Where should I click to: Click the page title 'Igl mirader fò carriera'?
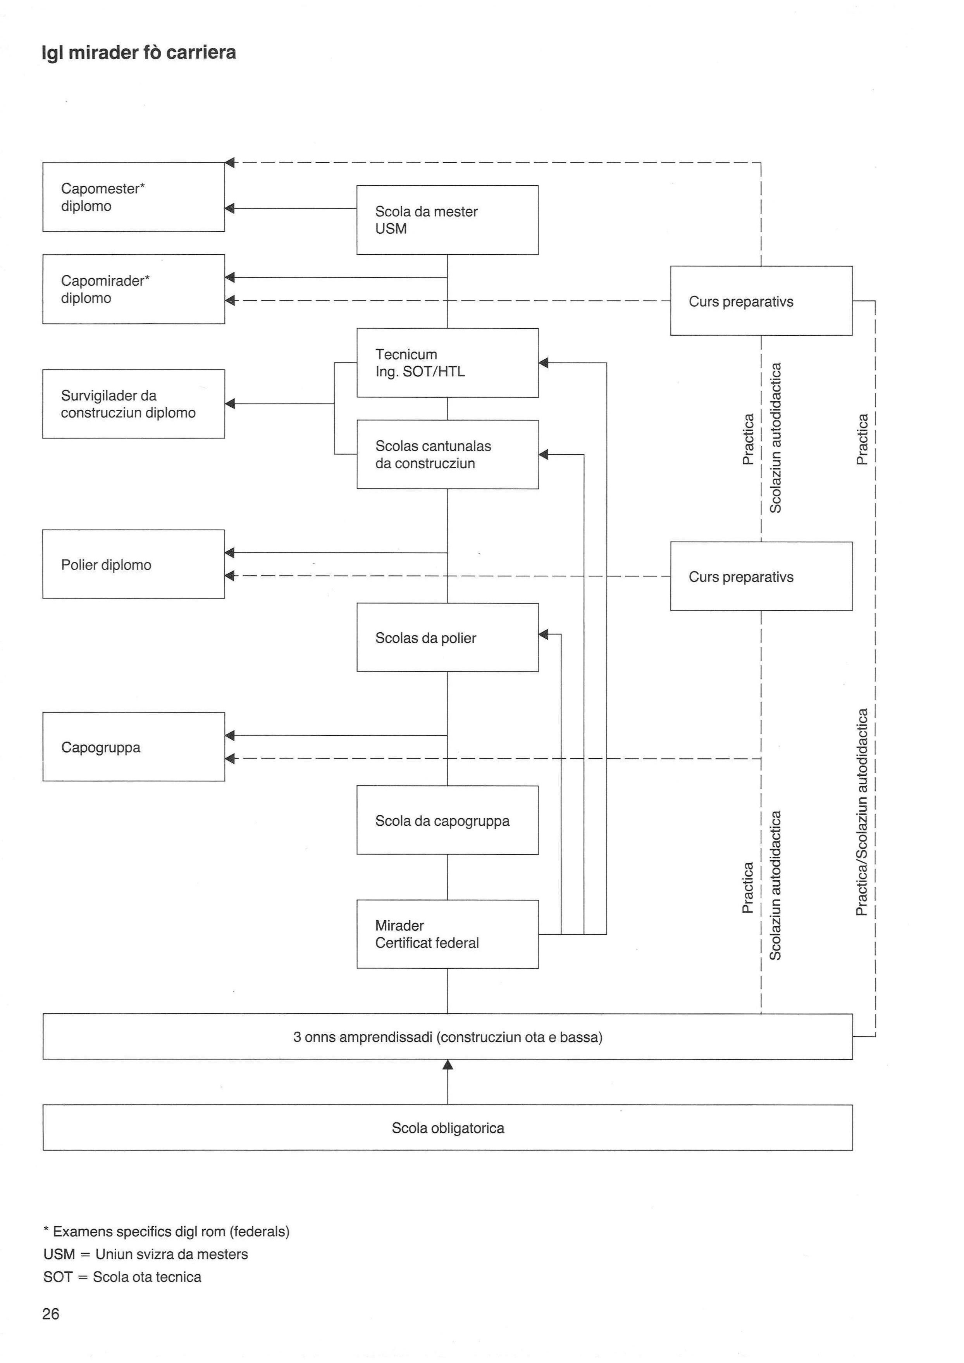[139, 53]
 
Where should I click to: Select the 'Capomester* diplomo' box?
[134, 197]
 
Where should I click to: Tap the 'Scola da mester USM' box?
[448, 220]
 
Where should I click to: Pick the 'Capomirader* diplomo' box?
[134, 289]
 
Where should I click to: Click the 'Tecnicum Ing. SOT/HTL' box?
[448, 363]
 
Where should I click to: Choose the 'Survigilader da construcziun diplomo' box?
[134, 404]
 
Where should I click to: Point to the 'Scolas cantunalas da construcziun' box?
[448, 454]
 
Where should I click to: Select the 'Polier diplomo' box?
[134, 564]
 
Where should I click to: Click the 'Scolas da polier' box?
[448, 637]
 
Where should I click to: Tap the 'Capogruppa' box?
[134, 747]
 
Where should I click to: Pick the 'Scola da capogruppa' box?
[448, 820]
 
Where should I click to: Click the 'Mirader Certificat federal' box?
[448, 934]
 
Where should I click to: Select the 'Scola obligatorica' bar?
[448, 1128]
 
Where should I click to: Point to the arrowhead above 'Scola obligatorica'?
[448, 1065]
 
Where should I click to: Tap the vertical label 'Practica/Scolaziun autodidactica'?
[862, 812]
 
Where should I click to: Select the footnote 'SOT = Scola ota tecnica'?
[122, 1277]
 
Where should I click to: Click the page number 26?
[51, 1314]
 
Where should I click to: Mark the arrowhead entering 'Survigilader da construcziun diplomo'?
[230, 404]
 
